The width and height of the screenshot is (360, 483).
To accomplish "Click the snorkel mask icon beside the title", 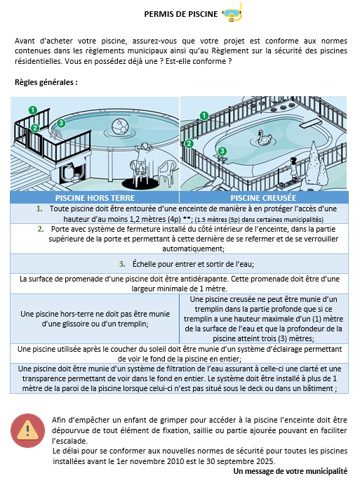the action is click(x=233, y=13).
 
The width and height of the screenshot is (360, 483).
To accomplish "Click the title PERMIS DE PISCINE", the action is click(x=181, y=14).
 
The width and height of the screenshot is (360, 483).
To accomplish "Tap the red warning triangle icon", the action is click(x=27, y=430).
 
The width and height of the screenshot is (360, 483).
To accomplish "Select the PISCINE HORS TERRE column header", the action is click(x=95, y=198).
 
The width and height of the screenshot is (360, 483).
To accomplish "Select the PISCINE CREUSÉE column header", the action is click(x=263, y=198).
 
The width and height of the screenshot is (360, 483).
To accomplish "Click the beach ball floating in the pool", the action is click(x=120, y=127).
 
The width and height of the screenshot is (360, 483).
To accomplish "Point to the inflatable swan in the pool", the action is click(x=263, y=138).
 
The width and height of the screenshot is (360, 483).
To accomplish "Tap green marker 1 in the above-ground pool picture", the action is click(x=33, y=110).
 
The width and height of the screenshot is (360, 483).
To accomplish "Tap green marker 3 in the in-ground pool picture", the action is click(x=222, y=151).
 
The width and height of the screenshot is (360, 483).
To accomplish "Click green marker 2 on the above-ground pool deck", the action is click(x=35, y=128).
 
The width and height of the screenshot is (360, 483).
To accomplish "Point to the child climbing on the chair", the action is click(x=142, y=159).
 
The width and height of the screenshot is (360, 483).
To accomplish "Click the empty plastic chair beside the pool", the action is click(x=167, y=171).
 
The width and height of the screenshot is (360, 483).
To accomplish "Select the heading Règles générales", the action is click(x=46, y=83).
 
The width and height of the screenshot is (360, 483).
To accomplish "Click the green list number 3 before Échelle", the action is click(x=122, y=264).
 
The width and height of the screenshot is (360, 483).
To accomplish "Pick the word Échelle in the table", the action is click(x=144, y=264).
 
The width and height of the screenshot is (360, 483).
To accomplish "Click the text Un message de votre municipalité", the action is click(x=290, y=471).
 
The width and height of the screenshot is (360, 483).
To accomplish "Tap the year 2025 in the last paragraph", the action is click(x=265, y=461).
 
